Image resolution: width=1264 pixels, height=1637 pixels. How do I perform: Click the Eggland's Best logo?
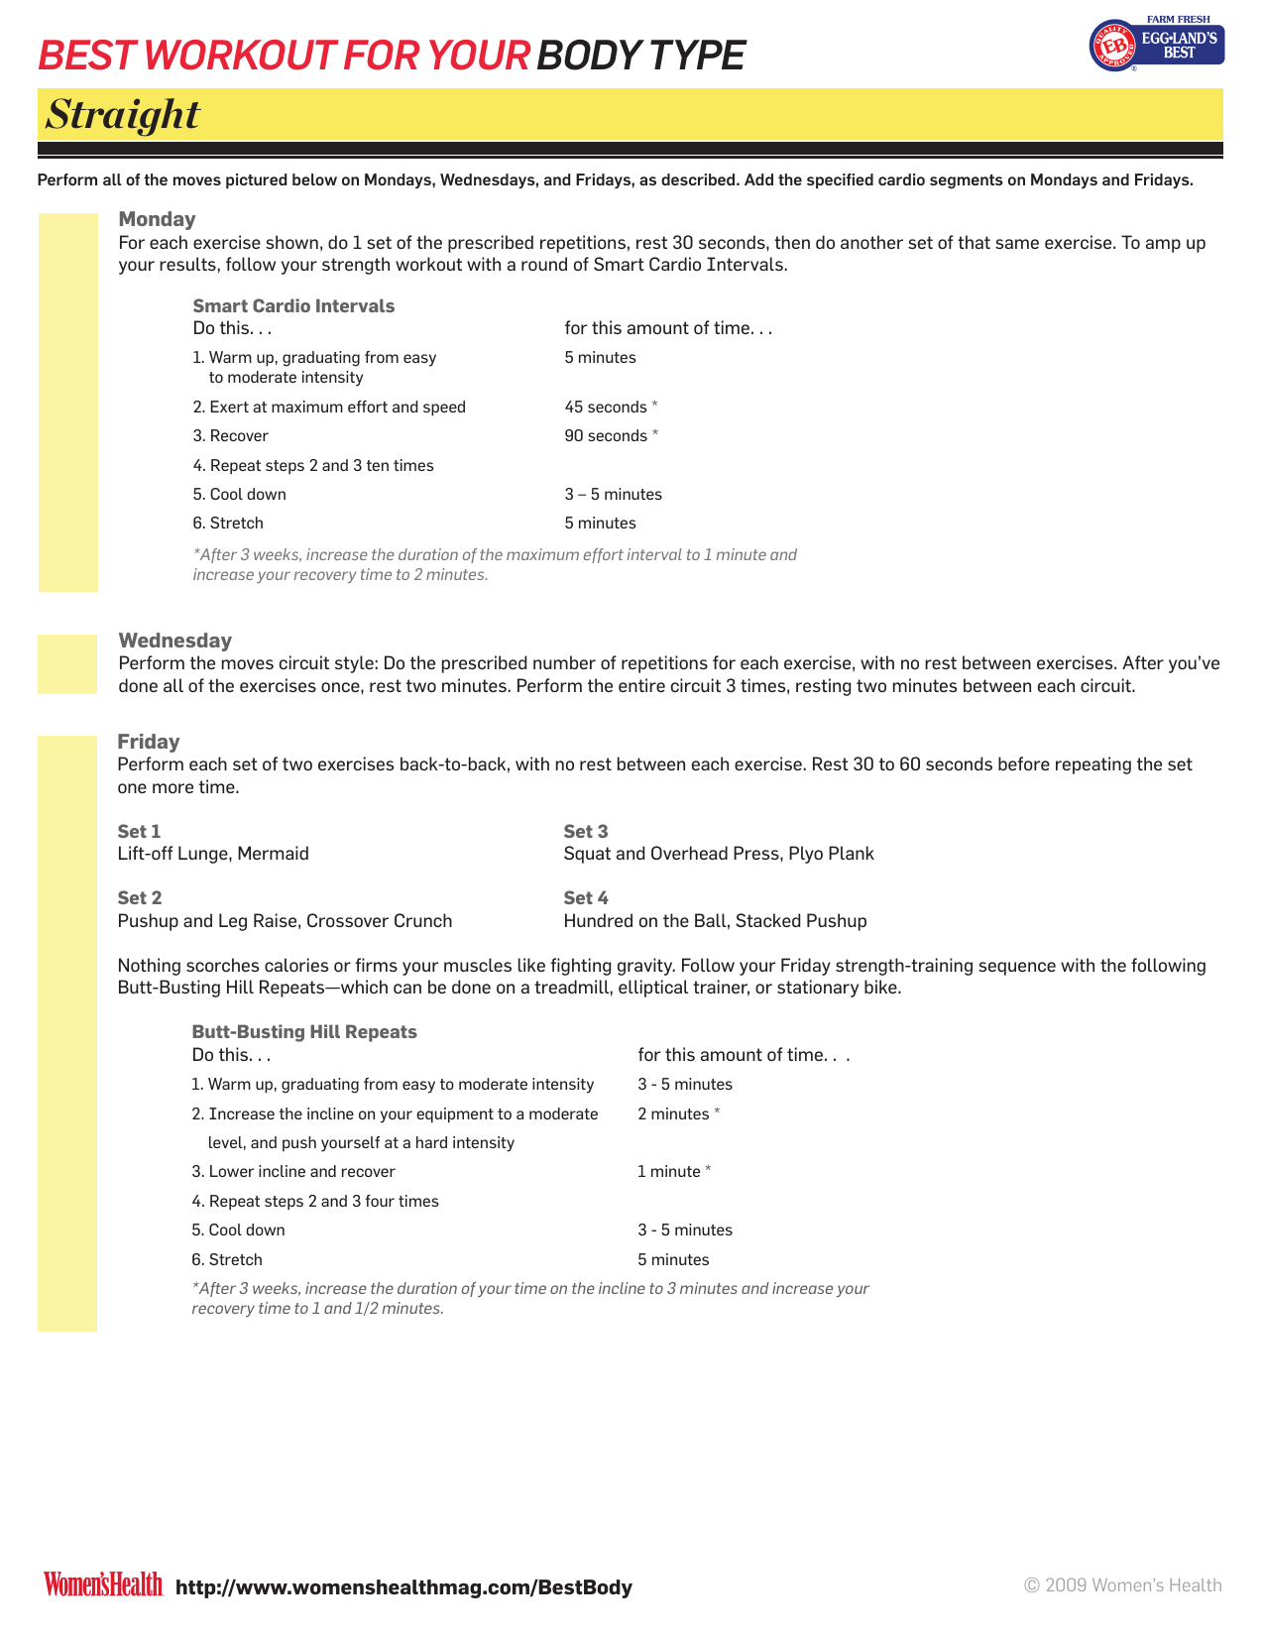pyautogui.click(x=1156, y=45)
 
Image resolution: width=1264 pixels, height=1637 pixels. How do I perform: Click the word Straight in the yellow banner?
pyautogui.click(x=123, y=115)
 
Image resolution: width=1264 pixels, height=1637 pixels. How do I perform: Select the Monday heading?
pyautogui.click(x=157, y=219)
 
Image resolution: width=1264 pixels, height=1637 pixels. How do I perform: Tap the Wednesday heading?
pyautogui.click(x=174, y=641)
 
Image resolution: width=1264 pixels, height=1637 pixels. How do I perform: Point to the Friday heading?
pyautogui.click(x=149, y=742)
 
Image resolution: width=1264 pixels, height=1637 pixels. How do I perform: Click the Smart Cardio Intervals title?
pyautogui.click(x=293, y=306)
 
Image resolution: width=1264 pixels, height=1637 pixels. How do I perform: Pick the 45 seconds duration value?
pyautogui.click(x=606, y=408)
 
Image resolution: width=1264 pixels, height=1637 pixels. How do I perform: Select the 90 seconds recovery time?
pyautogui.click(x=606, y=436)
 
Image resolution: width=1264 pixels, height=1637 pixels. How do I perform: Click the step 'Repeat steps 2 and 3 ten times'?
pyautogui.click(x=313, y=466)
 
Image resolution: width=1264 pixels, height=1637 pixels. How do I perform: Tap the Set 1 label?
pyautogui.click(x=139, y=832)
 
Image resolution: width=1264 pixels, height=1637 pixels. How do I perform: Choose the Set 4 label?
pyautogui.click(x=586, y=898)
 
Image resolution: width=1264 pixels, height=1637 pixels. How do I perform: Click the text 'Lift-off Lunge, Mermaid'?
pyautogui.click(x=213, y=854)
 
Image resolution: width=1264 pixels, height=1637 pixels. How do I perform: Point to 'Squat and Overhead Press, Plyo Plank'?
pyautogui.click(x=719, y=854)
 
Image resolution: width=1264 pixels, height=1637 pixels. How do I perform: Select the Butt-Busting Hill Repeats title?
pyautogui.click(x=304, y=1032)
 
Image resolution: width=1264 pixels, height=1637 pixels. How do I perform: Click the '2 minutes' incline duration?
pyautogui.click(x=673, y=1114)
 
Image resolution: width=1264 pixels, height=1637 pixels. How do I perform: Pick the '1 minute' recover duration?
pyautogui.click(x=669, y=1172)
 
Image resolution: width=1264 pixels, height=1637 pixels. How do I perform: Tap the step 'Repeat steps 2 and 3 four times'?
pyautogui.click(x=315, y=1202)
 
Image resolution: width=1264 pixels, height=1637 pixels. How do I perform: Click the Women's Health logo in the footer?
pyautogui.click(x=102, y=1584)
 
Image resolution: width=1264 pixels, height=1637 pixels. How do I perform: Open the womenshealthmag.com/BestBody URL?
pyautogui.click(x=403, y=1587)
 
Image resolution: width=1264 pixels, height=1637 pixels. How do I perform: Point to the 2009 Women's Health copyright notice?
pyautogui.click(x=1122, y=1585)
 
